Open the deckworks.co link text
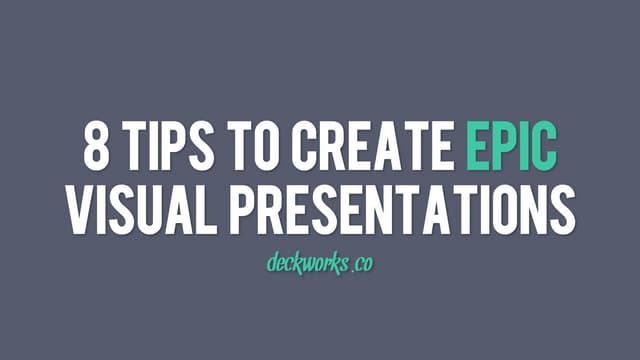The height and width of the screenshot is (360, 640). point(320,264)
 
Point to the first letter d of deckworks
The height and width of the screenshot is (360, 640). point(273,263)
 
